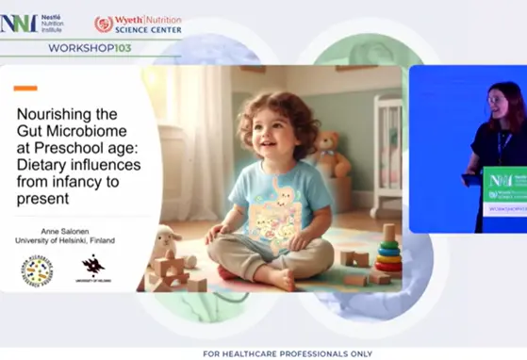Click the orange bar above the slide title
(25, 89)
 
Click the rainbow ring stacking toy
(388, 250)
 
